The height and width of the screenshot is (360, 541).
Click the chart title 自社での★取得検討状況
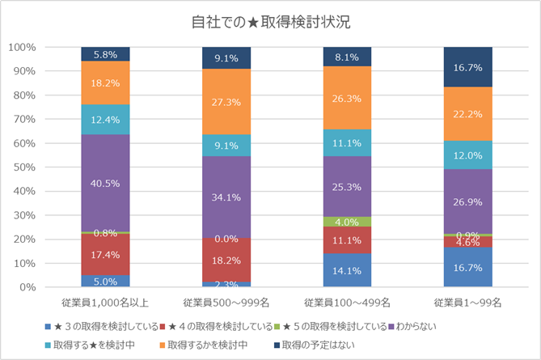point(271,21)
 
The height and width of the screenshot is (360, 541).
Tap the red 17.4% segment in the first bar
point(105,254)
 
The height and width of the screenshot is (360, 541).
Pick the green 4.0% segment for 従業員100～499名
point(347,222)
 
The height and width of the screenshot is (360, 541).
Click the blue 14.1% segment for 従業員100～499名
point(347,270)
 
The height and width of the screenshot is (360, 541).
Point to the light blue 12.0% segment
point(467,155)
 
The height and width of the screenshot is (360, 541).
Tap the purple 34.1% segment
point(226,197)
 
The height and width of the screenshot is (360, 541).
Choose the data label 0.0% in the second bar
point(226,239)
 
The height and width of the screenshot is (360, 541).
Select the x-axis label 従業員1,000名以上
point(105,302)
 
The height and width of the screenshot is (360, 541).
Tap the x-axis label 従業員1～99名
point(467,302)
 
